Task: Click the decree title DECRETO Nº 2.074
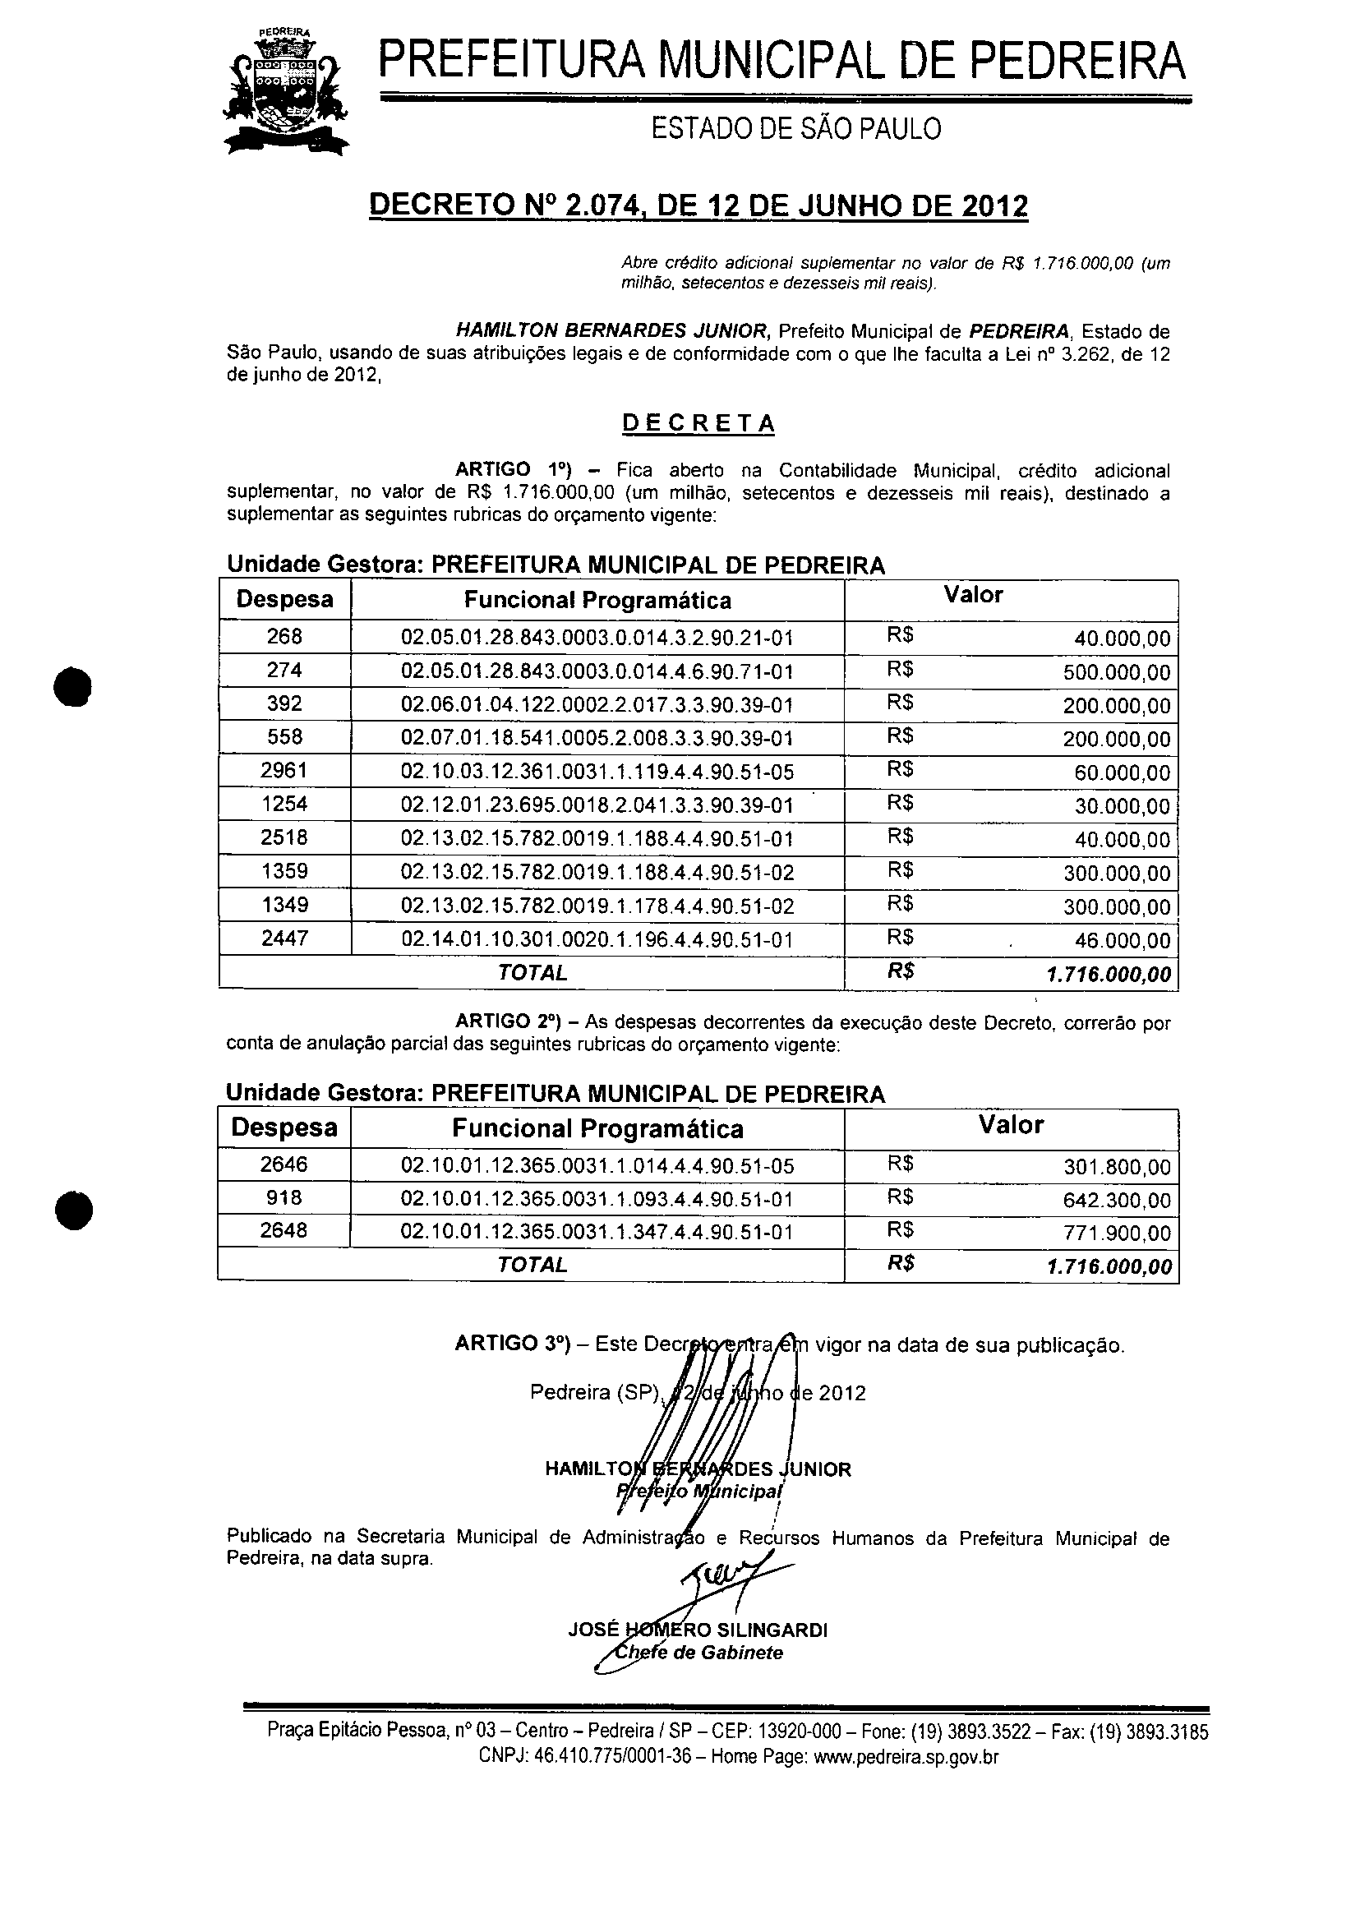pos(698,205)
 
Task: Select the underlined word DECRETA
pos(698,424)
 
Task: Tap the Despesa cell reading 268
pos(284,637)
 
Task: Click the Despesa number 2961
pos(284,770)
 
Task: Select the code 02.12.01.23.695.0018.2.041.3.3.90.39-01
pos(597,805)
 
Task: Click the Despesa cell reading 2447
pos(284,938)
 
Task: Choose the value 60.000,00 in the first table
pos(1123,773)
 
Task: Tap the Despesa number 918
pos(284,1198)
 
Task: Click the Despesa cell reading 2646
pos(284,1164)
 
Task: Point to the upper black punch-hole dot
pos(73,687)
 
